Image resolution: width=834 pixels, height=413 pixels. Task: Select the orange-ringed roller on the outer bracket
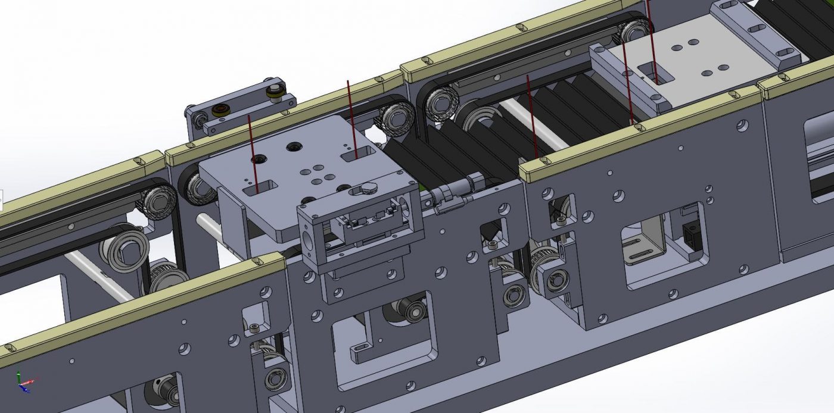coord(222,110)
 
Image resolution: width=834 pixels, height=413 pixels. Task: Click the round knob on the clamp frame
coord(369,188)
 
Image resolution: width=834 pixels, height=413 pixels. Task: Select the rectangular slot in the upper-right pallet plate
coord(655,75)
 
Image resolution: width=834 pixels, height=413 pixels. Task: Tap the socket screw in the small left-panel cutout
coord(255,328)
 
